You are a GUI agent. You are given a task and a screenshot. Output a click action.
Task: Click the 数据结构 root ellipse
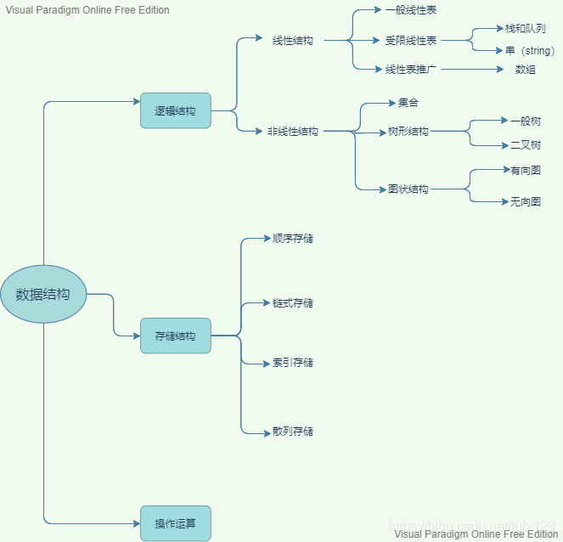point(43,294)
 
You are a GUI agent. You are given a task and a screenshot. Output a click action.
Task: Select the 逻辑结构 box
point(175,110)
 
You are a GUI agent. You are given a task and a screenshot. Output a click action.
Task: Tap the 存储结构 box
point(175,336)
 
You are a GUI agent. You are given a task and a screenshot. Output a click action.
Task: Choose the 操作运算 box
point(175,523)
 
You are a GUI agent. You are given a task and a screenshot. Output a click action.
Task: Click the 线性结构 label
point(293,40)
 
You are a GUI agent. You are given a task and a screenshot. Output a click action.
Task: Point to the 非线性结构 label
point(293,132)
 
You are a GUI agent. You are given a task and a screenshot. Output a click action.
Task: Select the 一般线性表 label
point(411,10)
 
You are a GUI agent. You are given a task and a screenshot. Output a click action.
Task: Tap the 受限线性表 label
point(411,40)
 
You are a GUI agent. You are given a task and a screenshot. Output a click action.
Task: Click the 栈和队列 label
point(525,28)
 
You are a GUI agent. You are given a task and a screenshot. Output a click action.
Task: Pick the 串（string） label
point(530,50)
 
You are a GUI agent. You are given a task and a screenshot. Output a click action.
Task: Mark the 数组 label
point(526,70)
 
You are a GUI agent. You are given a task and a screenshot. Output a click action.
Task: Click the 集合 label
point(408,103)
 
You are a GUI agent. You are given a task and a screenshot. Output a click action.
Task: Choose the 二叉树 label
point(525,145)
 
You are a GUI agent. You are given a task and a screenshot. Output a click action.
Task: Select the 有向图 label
point(525,170)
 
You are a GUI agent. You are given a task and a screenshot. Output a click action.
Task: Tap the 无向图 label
point(525,201)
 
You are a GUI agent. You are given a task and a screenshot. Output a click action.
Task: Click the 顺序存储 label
point(293,238)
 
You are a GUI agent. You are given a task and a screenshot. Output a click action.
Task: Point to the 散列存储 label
point(293,432)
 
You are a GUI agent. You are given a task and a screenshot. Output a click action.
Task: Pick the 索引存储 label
point(293,363)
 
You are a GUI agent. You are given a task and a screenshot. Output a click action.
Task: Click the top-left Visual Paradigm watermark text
point(87,10)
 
